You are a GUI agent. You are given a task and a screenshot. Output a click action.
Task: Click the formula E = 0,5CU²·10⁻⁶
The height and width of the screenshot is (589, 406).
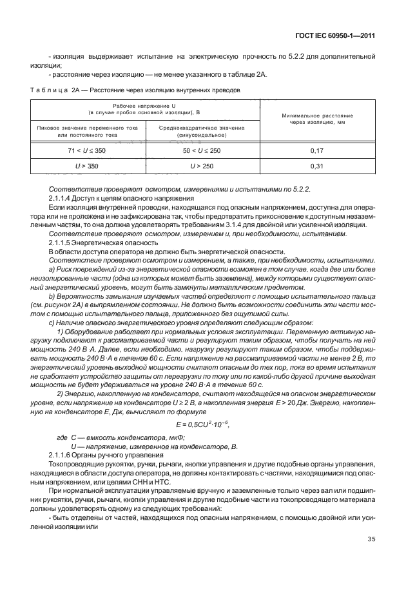point(202,424)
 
